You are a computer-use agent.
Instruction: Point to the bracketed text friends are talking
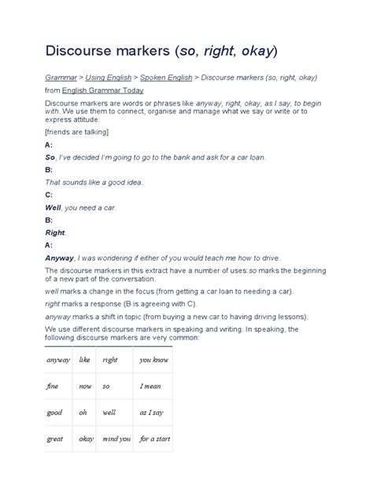click(76, 133)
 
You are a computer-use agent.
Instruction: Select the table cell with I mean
click(151, 386)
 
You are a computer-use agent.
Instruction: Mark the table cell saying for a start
click(155, 438)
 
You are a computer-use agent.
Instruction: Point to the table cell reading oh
click(81, 412)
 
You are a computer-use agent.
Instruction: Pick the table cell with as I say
click(152, 412)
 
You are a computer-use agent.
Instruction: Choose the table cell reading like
click(84, 359)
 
